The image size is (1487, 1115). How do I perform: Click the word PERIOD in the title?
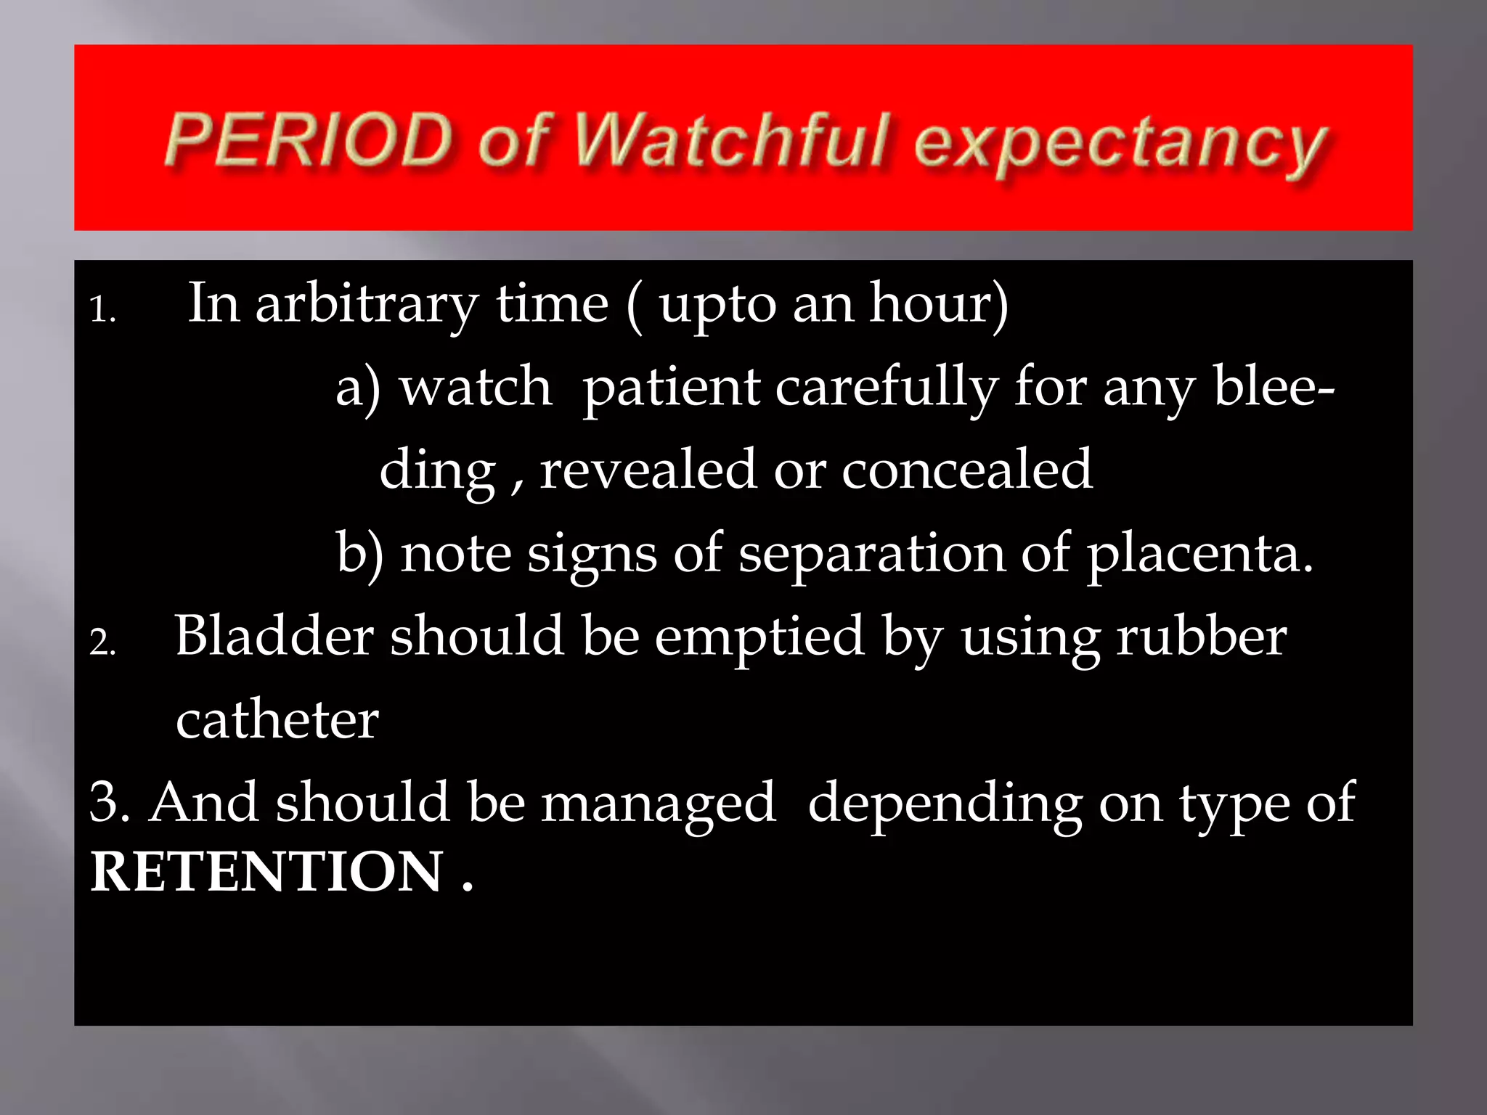pyautogui.click(x=309, y=139)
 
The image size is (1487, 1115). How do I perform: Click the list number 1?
pyautogui.click(x=102, y=310)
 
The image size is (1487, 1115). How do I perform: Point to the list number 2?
pyautogui.click(x=102, y=642)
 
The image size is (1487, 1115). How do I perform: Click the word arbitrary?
pyautogui.click(x=367, y=305)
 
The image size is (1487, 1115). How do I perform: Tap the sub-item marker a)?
pyautogui.click(x=358, y=388)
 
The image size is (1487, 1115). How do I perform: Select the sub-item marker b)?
pyautogui.click(x=359, y=555)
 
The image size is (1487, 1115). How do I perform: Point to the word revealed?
pyautogui.click(x=648, y=470)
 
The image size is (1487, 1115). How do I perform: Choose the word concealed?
pyautogui.click(x=966, y=470)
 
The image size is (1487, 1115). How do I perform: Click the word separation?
pyautogui.click(x=871, y=555)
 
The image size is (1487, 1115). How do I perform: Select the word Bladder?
pyautogui.click(x=274, y=637)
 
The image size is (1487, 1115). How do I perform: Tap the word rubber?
pyautogui.click(x=1202, y=637)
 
